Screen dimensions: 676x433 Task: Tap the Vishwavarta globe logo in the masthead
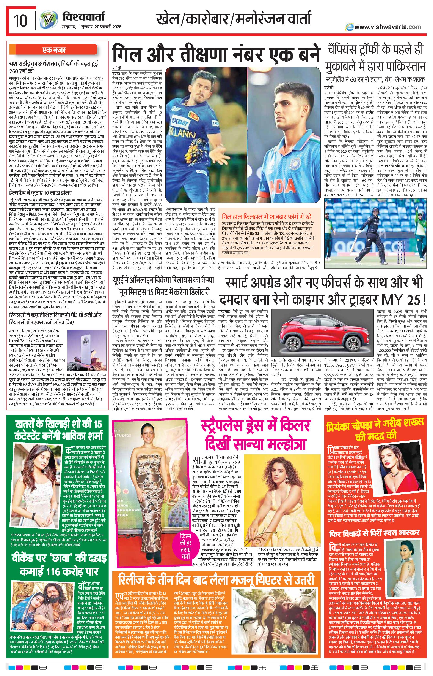pyautogui.click(x=47, y=21)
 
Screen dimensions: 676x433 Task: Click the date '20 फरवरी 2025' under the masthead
pyautogui.click(x=106, y=27)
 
